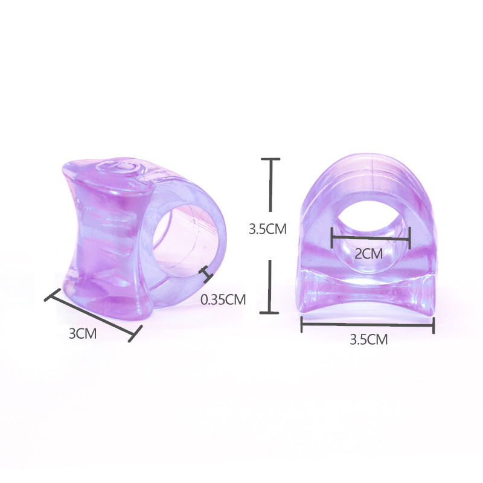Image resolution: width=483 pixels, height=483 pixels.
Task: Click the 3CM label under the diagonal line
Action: pyautogui.click(x=82, y=333)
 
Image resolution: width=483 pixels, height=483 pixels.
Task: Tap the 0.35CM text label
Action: pyautogui.click(x=223, y=299)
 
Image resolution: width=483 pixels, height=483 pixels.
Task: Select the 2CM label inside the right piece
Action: pyautogui.click(x=369, y=254)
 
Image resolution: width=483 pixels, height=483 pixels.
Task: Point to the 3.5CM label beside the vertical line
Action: pyautogui.click(x=267, y=229)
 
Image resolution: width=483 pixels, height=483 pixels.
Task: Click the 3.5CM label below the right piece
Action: pyautogui.click(x=368, y=339)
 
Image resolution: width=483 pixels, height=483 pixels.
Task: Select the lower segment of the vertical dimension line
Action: pyautogui.click(x=270, y=287)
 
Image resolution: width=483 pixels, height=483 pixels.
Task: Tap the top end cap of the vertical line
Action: pyautogui.click(x=270, y=159)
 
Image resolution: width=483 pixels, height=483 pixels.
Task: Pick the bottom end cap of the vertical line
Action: pyautogui.click(x=269, y=313)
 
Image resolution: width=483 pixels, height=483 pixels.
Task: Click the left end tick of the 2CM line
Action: pyautogui.click(x=331, y=237)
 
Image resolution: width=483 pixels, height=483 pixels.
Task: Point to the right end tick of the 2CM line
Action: pyautogui.click(x=410, y=237)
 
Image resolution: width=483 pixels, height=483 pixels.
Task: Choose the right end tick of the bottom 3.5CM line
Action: pyautogui.click(x=433, y=326)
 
